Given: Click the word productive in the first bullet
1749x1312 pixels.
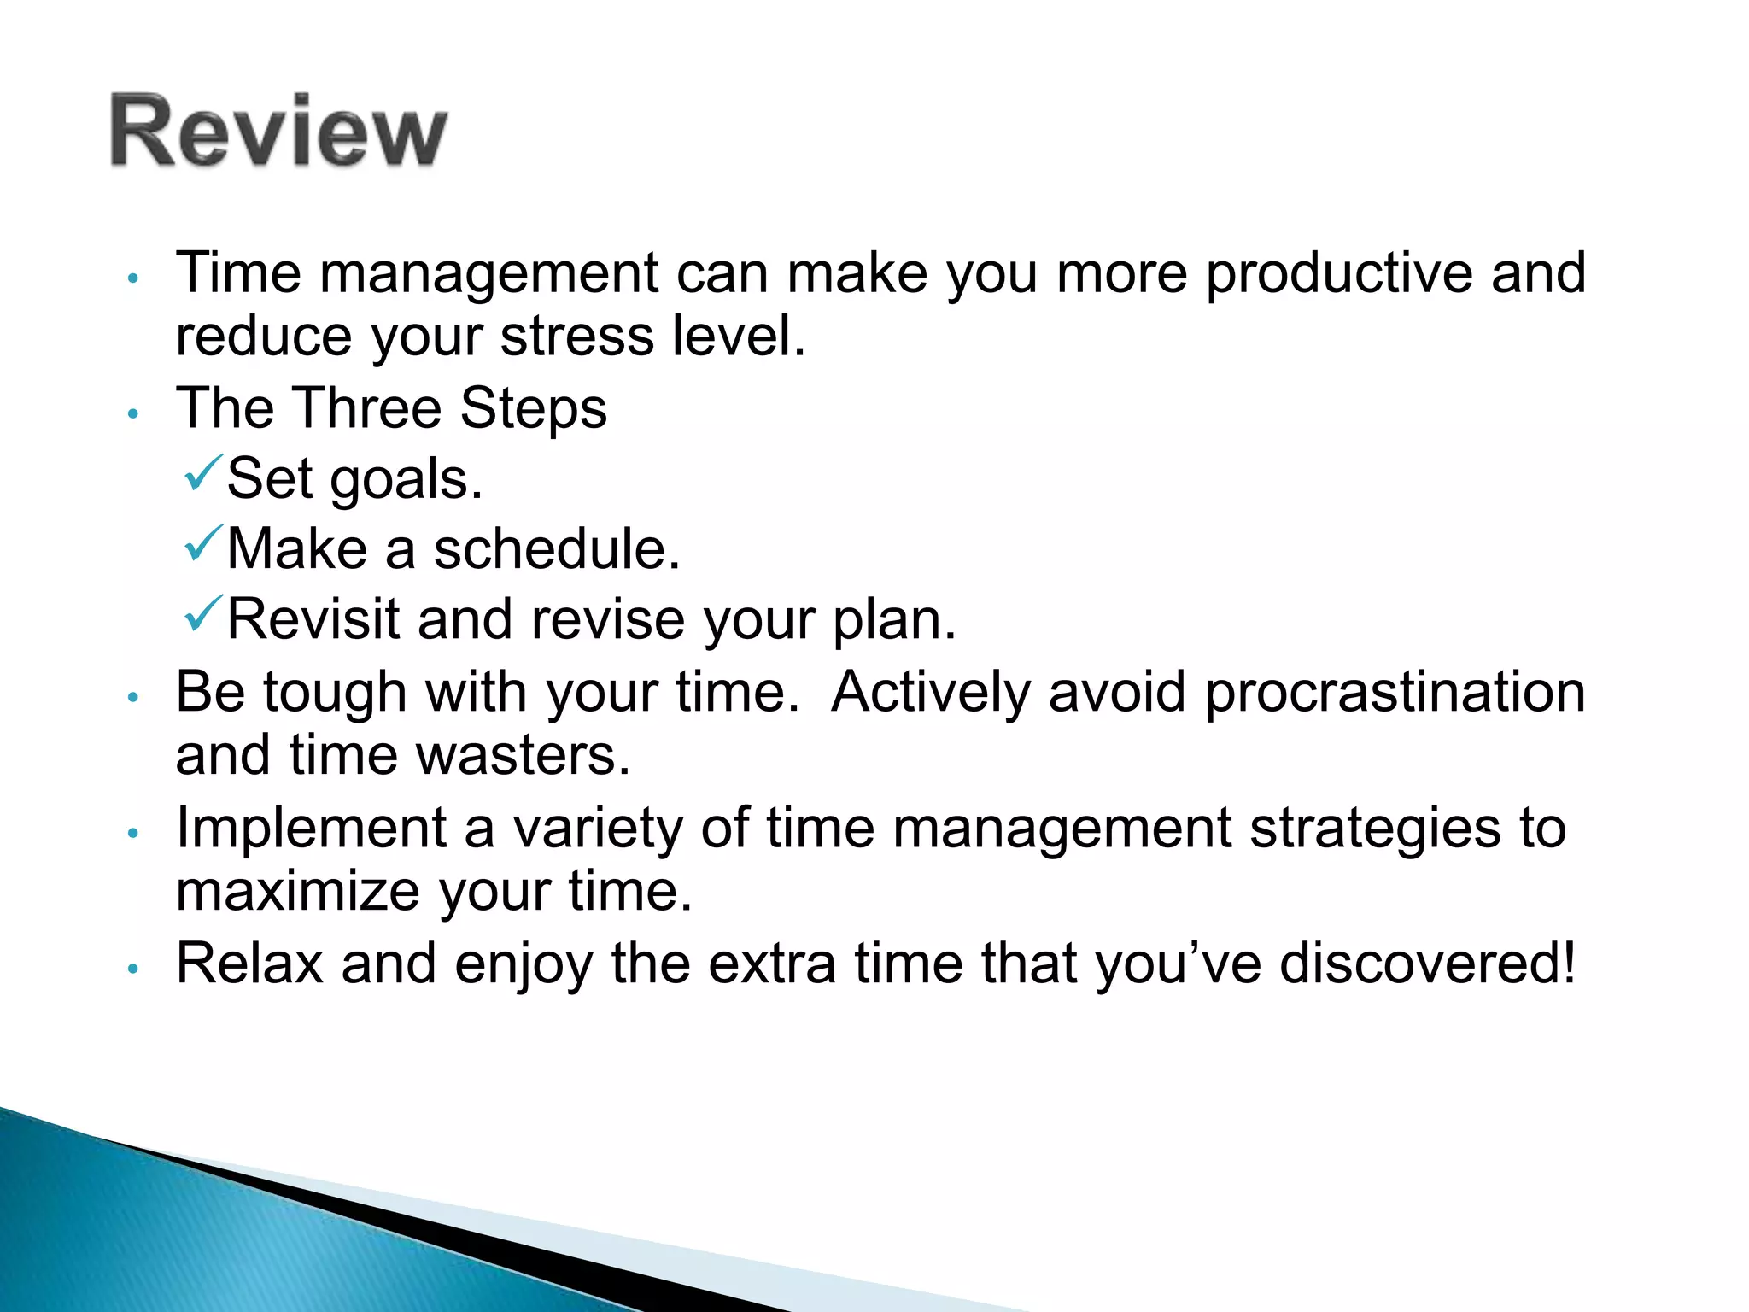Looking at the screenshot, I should pos(1338,275).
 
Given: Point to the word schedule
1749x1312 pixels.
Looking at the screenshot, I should pos(557,548).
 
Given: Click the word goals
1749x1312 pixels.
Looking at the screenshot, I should pos(407,480).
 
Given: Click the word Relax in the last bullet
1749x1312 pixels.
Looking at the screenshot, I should pos(249,963).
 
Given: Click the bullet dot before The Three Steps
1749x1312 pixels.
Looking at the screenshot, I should pos(132,414).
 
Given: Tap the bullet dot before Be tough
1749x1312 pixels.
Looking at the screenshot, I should pos(132,698).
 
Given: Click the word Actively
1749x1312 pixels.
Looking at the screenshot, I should pos(931,693).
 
